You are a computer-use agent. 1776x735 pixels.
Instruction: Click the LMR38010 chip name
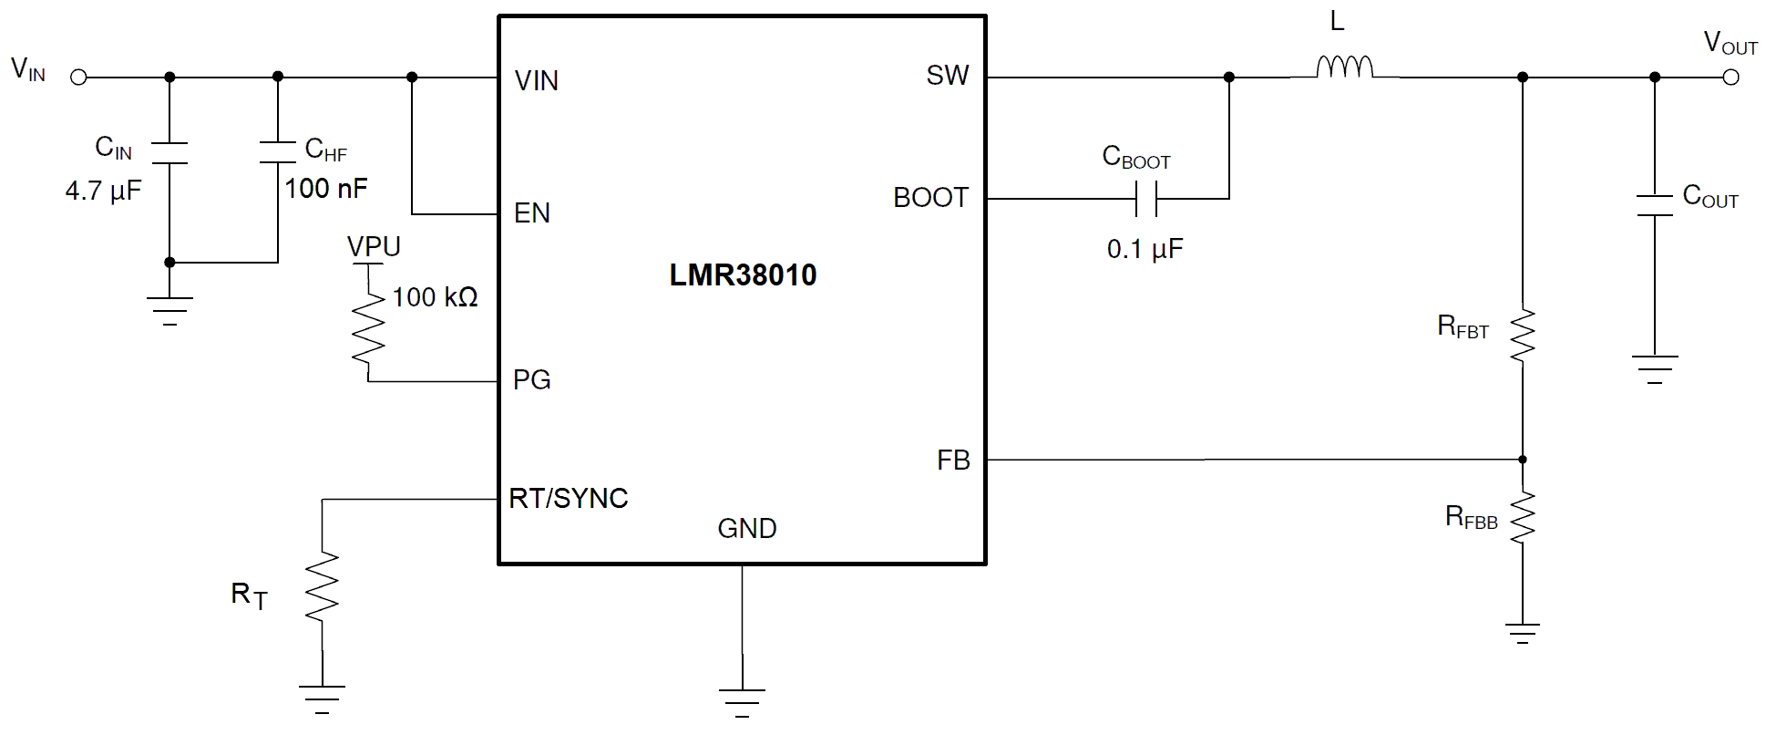click(x=743, y=274)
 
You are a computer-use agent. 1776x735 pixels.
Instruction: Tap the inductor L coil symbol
click(x=1344, y=67)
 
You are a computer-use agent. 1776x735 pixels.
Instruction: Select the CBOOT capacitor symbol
click(x=1146, y=198)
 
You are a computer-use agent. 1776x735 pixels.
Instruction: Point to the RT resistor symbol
click(x=322, y=587)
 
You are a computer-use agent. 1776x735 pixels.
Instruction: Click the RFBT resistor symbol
click(x=1522, y=335)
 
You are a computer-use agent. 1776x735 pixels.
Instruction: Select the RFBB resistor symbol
click(x=1522, y=517)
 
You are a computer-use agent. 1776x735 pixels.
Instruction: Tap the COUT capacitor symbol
click(x=1654, y=205)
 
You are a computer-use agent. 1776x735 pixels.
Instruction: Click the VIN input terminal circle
click(x=79, y=78)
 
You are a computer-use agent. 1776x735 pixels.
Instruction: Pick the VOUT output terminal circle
click(x=1730, y=78)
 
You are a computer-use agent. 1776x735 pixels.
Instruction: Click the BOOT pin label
click(x=930, y=198)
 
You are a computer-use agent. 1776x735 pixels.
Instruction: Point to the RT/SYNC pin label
click(x=569, y=498)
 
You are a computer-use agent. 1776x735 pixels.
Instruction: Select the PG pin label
click(x=531, y=379)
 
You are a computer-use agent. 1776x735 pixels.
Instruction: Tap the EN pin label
click(x=532, y=213)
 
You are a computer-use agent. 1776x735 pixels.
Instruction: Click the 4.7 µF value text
click(x=103, y=191)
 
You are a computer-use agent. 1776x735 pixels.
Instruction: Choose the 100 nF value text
click(x=326, y=189)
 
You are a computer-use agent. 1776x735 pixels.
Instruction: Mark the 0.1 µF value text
click(x=1145, y=249)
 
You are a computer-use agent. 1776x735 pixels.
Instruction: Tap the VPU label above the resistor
click(x=374, y=246)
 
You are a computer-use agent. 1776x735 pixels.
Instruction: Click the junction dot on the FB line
click(x=1522, y=460)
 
